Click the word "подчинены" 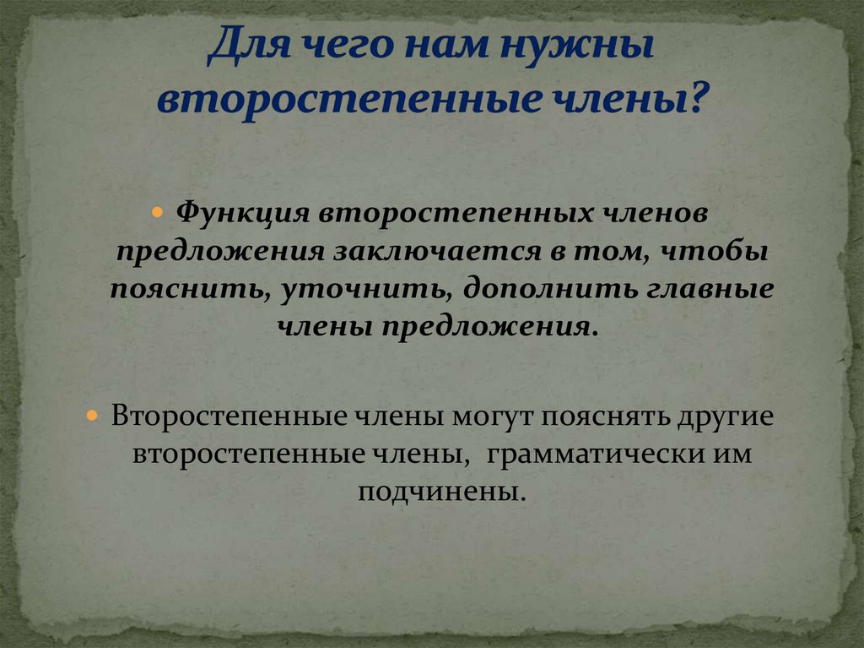click(436, 491)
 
